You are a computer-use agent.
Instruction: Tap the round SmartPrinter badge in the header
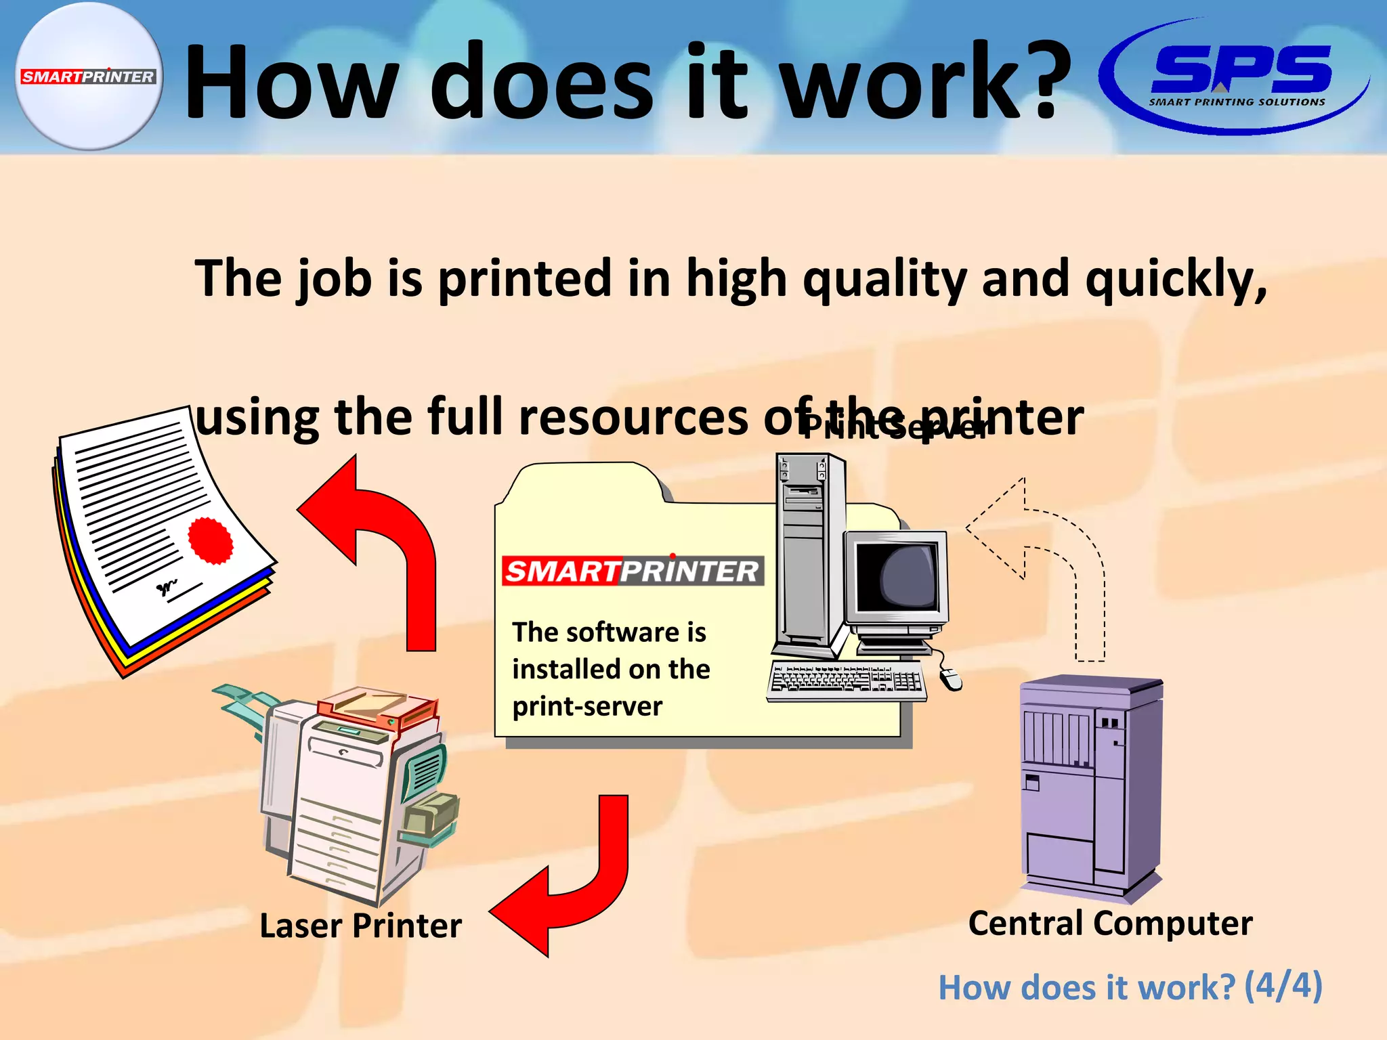click(x=89, y=76)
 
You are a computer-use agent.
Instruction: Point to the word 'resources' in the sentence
click(x=633, y=418)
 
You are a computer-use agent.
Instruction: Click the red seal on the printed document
click(x=210, y=540)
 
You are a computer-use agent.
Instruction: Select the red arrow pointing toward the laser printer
click(x=569, y=880)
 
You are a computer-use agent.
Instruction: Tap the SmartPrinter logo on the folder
click(x=633, y=571)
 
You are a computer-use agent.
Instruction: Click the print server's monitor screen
click(x=895, y=576)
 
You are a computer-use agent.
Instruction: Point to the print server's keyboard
click(x=847, y=679)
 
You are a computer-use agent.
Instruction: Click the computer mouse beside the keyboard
click(x=950, y=678)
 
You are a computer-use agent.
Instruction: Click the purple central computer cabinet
click(x=1090, y=785)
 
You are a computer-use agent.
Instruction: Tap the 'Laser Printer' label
click(x=360, y=926)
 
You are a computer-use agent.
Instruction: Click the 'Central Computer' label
click(x=1110, y=923)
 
